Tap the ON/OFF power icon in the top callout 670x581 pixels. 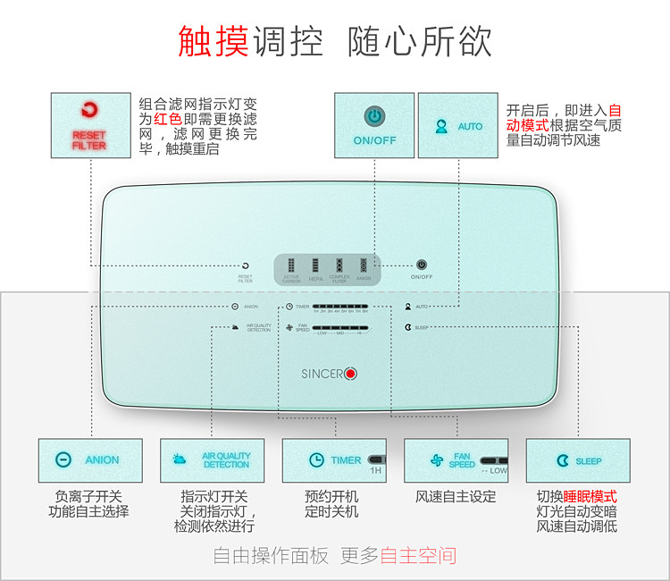pyautogui.click(x=374, y=116)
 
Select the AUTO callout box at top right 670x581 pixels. pyautogui.click(x=457, y=126)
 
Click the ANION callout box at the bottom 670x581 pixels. pyautogui.click(x=90, y=460)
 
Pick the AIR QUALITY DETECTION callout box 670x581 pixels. pyautogui.click(x=212, y=460)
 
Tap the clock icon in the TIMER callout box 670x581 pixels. pyautogui.click(x=316, y=460)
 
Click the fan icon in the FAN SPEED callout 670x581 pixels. pyautogui.click(x=437, y=460)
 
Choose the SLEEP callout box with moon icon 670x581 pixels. pyautogui.click(x=577, y=460)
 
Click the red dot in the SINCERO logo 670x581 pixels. pyautogui.click(x=350, y=373)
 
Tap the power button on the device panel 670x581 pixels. pyautogui.click(x=422, y=265)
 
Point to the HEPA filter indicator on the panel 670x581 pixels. pyautogui.click(x=315, y=265)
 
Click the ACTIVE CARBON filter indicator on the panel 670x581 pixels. pyautogui.click(x=291, y=265)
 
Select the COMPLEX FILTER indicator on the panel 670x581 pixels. pyautogui.click(x=339, y=265)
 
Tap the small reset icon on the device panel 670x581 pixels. pyautogui.click(x=245, y=265)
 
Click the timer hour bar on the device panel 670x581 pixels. pyautogui.click(x=340, y=307)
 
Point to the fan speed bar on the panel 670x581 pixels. pyautogui.click(x=340, y=328)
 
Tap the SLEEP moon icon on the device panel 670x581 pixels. pyautogui.click(x=407, y=327)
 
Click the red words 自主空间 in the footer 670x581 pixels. pyautogui.click(x=418, y=556)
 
